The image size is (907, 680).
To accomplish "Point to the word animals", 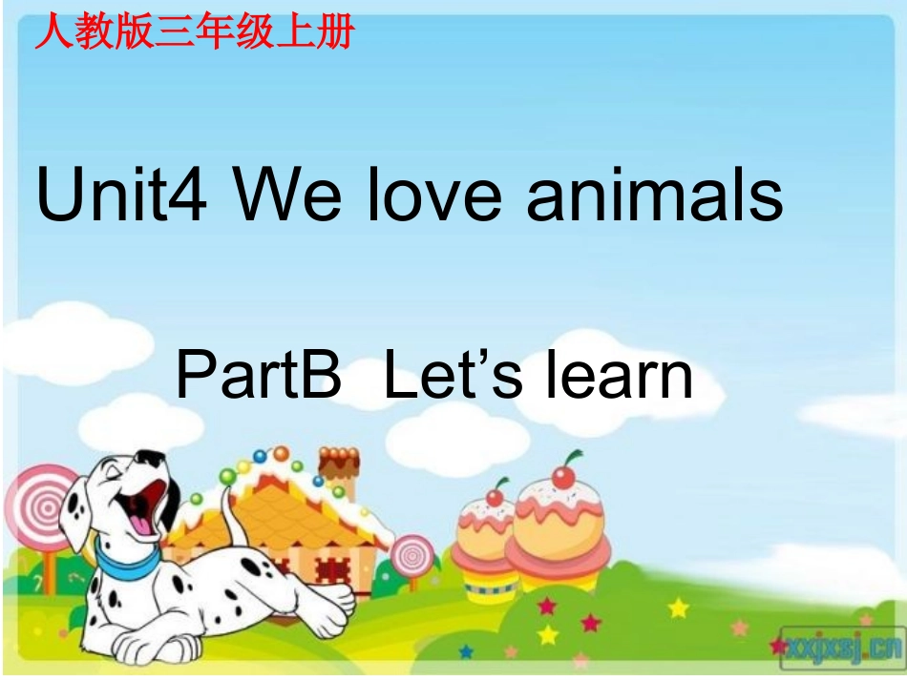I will tap(653, 196).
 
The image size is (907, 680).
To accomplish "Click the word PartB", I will tap(259, 375).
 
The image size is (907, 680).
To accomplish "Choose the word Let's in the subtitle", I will tap(453, 375).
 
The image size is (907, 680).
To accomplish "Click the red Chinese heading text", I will tap(194, 32).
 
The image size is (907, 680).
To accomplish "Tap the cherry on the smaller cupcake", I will tap(495, 495).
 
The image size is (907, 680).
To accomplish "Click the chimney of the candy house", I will tap(338, 468).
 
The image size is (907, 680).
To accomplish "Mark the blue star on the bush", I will tap(467, 652).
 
